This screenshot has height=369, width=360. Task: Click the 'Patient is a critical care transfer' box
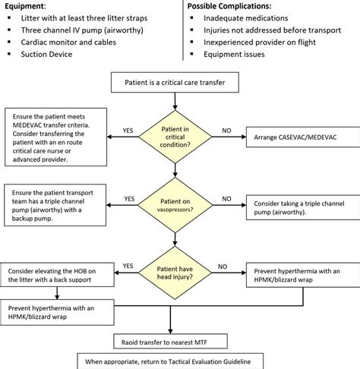[x=179, y=80]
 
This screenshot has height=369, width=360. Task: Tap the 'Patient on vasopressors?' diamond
[x=179, y=199]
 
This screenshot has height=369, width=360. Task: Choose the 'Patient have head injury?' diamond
[x=179, y=266]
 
